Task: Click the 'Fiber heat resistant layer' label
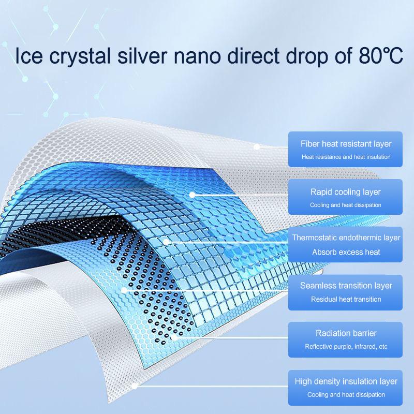(x=346, y=144)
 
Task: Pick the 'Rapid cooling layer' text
(x=346, y=192)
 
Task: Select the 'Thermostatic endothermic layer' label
(x=346, y=238)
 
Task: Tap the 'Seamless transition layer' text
(x=346, y=285)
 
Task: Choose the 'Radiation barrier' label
(x=346, y=333)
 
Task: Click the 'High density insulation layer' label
(x=346, y=381)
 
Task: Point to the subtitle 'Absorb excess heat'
(x=346, y=252)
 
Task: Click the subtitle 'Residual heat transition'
(x=346, y=299)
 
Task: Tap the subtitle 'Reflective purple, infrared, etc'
(x=346, y=346)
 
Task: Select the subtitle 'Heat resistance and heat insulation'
(x=346, y=157)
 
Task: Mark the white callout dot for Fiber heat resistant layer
(x=256, y=147)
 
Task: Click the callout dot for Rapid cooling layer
(x=193, y=195)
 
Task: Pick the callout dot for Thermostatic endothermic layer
(x=167, y=241)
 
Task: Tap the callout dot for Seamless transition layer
(x=124, y=290)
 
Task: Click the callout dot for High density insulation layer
(x=136, y=386)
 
